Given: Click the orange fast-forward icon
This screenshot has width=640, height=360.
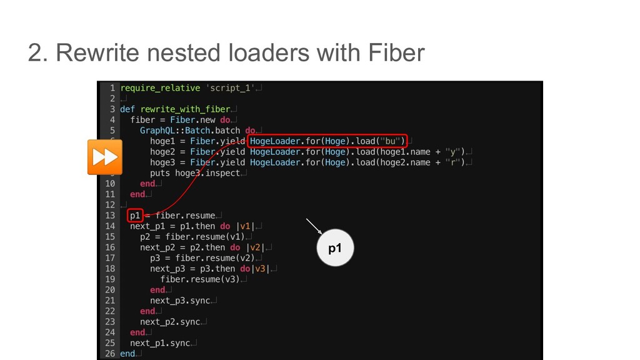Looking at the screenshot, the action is click(104, 157).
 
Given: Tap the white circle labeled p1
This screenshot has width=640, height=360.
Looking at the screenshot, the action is click(336, 248).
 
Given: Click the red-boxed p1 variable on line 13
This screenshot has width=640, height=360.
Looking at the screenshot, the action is click(136, 215).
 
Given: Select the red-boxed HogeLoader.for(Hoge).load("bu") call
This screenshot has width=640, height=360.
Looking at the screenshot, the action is click(327, 141).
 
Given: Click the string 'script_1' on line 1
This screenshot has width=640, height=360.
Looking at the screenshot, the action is click(230, 88).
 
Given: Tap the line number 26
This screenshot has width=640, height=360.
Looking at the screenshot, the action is click(109, 354).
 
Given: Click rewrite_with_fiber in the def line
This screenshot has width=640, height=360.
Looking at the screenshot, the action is click(186, 109).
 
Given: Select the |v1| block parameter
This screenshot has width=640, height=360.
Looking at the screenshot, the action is click(245, 226).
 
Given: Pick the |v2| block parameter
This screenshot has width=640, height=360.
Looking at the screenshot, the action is click(255, 247).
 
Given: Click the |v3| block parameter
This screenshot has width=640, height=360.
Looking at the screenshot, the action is click(260, 269).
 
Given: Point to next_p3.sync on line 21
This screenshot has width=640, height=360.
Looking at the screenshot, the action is click(180, 301).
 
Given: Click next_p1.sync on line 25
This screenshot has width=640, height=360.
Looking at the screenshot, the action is click(160, 343).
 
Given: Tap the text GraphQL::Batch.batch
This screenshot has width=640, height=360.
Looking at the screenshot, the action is click(190, 131).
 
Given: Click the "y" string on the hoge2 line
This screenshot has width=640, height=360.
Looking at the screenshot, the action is click(456, 152).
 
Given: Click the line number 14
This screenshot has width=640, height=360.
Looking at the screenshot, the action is click(109, 226).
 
